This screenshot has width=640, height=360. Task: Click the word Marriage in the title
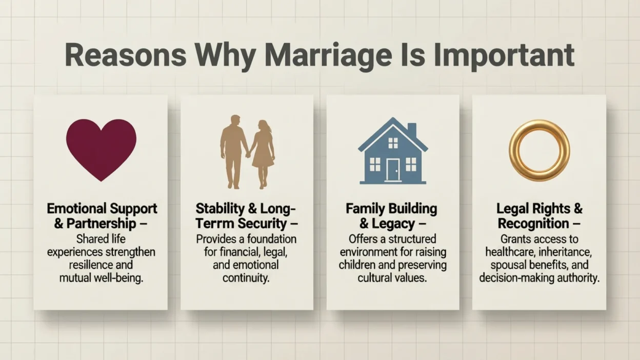pyautogui.click(x=328, y=56)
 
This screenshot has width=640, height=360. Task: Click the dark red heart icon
pyautogui.click(x=101, y=150)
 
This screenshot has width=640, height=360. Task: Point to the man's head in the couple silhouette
pyautogui.click(x=235, y=121)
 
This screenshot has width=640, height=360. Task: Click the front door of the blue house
pyautogui.click(x=393, y=170)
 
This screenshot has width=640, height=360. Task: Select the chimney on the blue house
pyautogui.click(x=412, y=130)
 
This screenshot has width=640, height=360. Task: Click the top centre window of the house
pyautogui.click(x=393, y=143)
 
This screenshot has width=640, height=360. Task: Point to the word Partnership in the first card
pyautogui.click(x=101, y=224)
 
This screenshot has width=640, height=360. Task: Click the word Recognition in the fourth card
pyautogui.click(x=533, y=224)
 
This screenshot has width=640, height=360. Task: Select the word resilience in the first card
pyautogui.click(x=91, y=265)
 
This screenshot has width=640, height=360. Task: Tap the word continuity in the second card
pyautogui.click(x=246, y=278)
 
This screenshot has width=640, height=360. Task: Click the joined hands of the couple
pyautogui.click(x=248, y=154)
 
